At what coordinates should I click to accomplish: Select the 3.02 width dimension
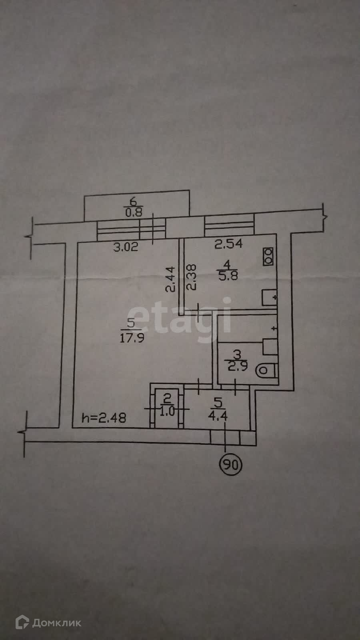(x=126, y=246)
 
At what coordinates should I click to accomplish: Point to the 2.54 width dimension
(x=228, y=244)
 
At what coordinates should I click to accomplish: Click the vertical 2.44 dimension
(x=171, y=280)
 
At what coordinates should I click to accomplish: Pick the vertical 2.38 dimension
(x=192, y=276)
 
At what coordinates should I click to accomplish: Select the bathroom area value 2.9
(x=238, y=367)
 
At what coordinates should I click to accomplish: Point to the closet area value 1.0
(x=168, y=412)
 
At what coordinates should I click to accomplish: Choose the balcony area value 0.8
(x=134, y=212)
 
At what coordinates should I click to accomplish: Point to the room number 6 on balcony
(x=134, y=202)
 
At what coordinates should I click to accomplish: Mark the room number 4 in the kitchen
(x=228, y=264)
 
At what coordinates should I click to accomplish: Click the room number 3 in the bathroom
(x=237, y=354)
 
